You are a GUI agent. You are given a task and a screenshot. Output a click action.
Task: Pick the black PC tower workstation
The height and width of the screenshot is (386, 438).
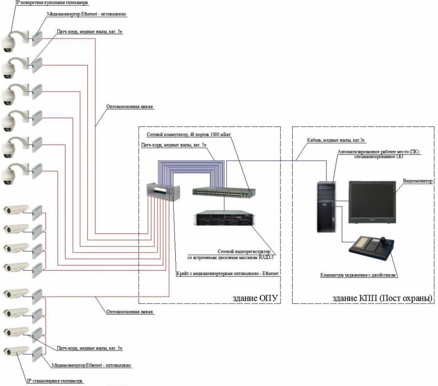click(325, 207)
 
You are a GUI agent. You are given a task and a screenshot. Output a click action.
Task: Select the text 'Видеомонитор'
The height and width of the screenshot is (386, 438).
click(418, 181)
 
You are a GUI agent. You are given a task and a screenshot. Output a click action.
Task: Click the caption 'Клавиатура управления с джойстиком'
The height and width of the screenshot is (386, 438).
click(358, 275)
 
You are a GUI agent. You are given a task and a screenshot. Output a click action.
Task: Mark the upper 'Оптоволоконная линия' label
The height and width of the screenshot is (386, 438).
click(130, 107)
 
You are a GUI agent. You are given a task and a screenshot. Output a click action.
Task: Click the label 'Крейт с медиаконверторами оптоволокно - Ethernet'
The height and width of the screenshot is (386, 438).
click(227, 274)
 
